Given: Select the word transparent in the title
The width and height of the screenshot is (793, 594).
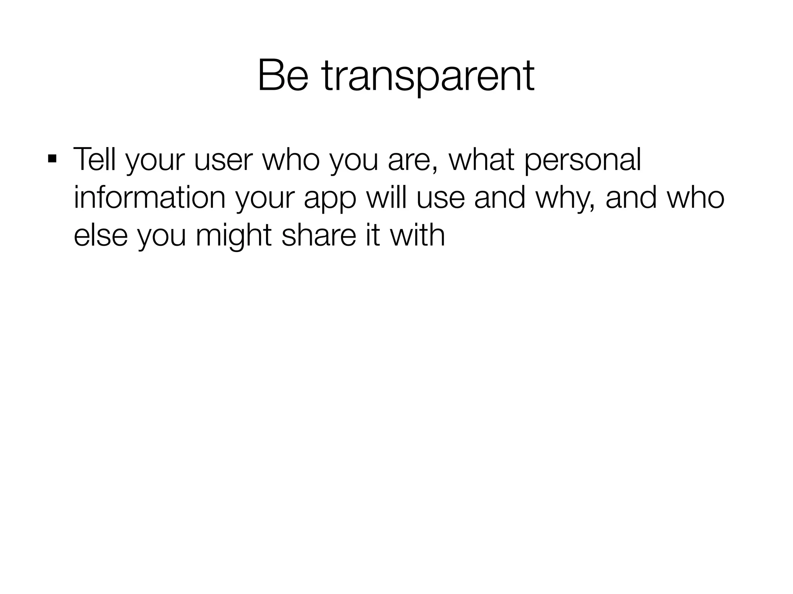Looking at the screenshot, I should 428,76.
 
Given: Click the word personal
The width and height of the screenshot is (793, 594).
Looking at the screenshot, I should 583,160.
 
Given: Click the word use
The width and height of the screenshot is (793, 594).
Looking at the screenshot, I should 441,198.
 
